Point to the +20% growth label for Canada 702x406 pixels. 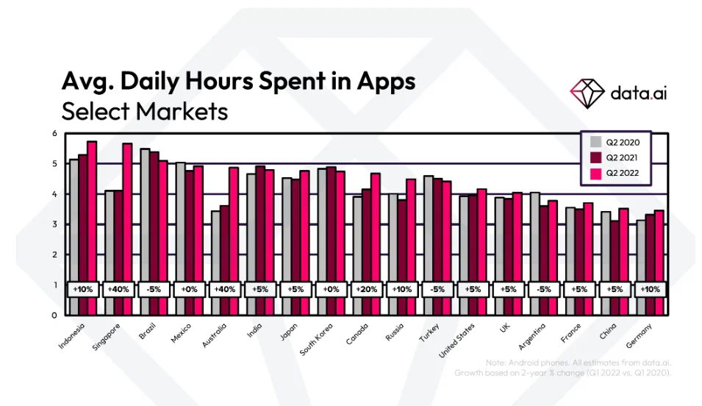coord(367,289)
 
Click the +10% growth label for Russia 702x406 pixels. coord(402,289)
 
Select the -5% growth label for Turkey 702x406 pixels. coord(438,289)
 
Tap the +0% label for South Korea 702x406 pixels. coord(332,289)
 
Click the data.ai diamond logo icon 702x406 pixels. coord(586,92)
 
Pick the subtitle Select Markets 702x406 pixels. coord(145,112)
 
